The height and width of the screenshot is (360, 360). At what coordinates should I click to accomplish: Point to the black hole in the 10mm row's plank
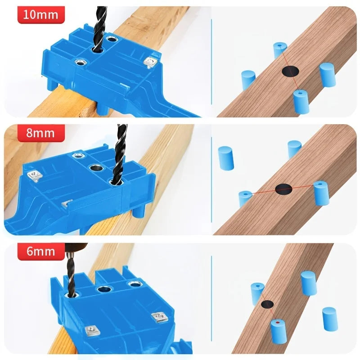coord(291,71)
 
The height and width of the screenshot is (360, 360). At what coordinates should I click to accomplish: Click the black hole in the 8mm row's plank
coord(284,189)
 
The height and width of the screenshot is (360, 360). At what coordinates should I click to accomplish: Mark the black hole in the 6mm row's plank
coord(267,304)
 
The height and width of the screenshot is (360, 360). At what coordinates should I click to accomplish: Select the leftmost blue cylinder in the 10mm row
coord(248,80)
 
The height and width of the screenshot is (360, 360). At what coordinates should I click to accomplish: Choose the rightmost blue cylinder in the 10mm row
coord(328,75)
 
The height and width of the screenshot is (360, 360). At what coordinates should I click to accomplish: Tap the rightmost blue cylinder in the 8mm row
coord(321,193)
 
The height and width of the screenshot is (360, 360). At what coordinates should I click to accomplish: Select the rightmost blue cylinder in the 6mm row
coord(329,319)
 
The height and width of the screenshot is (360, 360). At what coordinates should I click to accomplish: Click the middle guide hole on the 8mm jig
coord(97,169)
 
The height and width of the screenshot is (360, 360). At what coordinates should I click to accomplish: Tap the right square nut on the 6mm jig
coord(158,317)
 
